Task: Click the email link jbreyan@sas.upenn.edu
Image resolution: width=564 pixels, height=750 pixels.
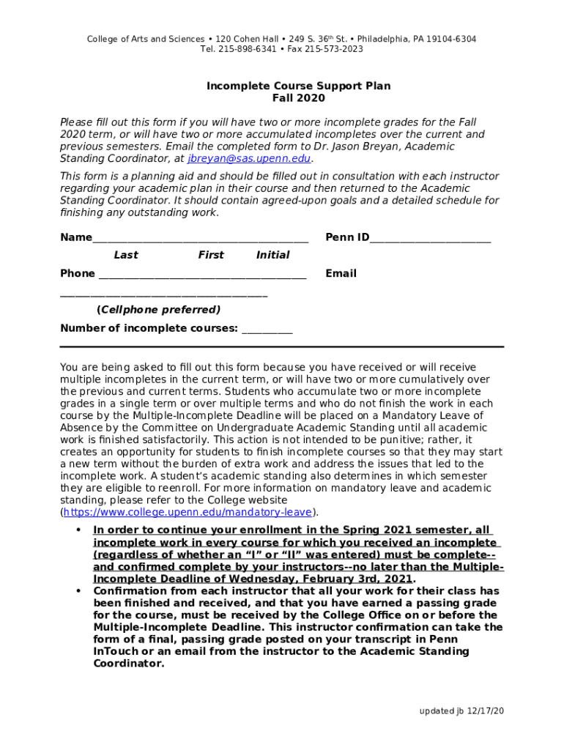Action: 250,158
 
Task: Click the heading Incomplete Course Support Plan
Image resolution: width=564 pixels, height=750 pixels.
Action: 298,86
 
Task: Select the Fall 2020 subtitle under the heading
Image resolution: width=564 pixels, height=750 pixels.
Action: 298,98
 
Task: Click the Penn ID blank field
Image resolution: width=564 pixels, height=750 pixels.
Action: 430,238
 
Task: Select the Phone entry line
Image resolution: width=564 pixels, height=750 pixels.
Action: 201,275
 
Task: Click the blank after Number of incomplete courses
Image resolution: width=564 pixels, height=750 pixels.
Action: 267,329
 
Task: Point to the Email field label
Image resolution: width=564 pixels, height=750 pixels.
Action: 341,273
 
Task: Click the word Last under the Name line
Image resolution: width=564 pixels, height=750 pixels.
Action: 126,255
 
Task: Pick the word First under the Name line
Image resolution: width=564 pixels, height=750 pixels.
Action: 211,255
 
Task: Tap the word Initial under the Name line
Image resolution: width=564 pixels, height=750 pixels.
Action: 272,255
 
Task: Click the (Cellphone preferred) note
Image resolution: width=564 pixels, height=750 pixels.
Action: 158,310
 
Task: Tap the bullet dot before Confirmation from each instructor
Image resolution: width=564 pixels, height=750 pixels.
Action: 78,591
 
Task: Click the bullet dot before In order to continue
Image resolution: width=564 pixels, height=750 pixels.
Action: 78,530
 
